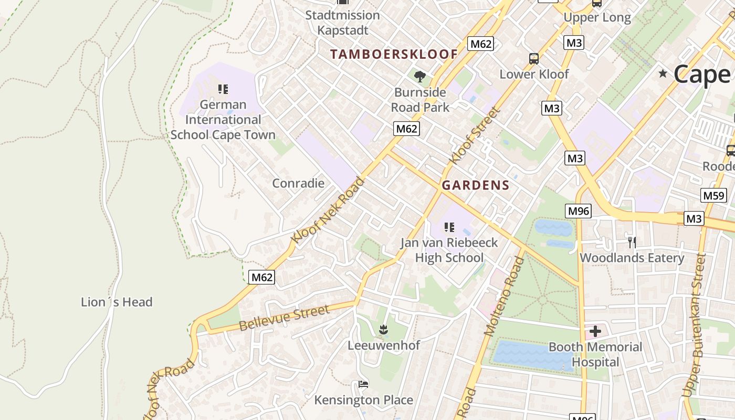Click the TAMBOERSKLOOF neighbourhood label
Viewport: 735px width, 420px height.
coord(394,54)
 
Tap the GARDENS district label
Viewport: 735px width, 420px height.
coord(475,185)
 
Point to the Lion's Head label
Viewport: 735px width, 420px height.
coord(117,302)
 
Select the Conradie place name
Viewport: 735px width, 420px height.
coord(298,183)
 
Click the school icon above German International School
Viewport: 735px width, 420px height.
coord(223,89)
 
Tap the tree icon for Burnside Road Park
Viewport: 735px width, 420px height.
coord(419,77)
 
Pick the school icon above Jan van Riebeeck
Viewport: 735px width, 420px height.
coord(449,227)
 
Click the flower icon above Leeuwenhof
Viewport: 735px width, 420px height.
coord(384,330)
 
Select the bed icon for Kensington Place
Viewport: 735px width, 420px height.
coord(363,384)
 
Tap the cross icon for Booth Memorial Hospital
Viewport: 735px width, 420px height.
coord(595,331)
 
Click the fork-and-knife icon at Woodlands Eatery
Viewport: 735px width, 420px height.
coord(632,242)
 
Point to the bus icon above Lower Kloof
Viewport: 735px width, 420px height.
coord(533,58)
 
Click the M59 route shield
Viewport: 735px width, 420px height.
coord(713,196)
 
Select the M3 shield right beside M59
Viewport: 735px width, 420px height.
coord(694,218)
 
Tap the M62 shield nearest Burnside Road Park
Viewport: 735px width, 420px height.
coord(407,129)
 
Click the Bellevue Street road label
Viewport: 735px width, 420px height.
coord(284,318)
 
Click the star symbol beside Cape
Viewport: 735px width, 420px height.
coord(663,73)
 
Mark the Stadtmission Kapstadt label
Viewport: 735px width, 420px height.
coord(342,23)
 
